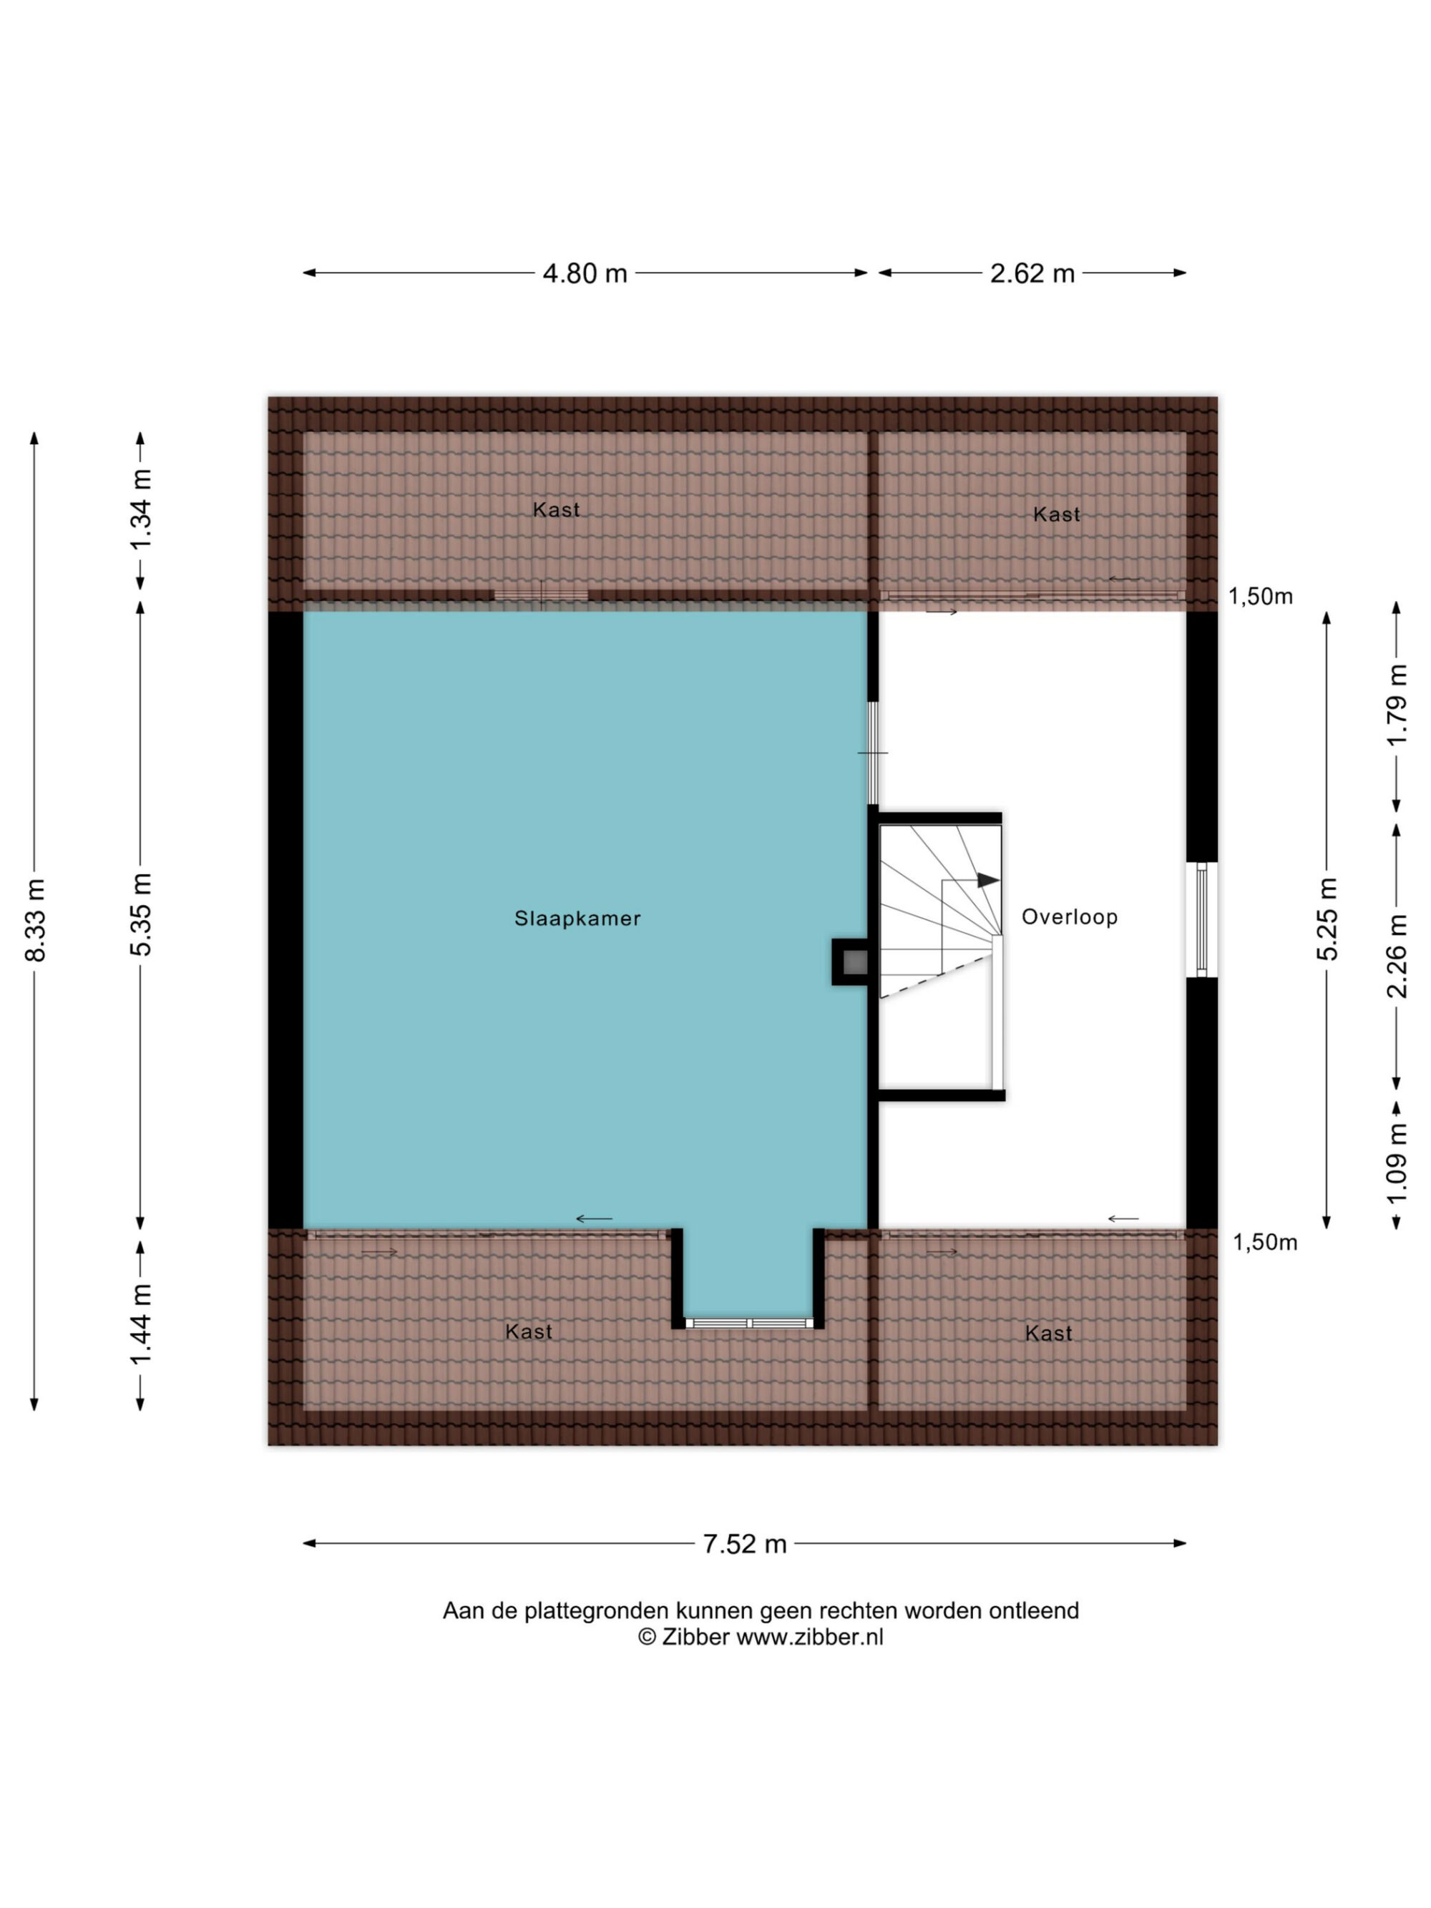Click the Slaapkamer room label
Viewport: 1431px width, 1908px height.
click(577, 919)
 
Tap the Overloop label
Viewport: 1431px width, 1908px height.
click(1070, 917)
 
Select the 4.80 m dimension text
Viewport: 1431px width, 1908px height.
click(584, 273)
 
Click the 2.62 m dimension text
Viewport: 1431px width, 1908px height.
click(1032, 273)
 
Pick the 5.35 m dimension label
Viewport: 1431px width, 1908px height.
click(141, 914)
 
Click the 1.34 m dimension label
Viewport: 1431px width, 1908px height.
click(141, 510)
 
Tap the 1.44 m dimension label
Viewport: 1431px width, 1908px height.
click(141, 1324)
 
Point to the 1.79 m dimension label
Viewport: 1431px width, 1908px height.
click(1397, 705)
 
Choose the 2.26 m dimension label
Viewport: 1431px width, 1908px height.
click(1397, 956)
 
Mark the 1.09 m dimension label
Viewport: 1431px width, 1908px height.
click(1397, 1163)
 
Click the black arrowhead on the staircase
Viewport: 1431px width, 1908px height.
click(987, 881)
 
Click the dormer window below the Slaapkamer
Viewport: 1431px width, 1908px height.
click(748, 1322)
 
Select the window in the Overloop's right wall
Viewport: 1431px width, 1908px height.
click(1201, 919)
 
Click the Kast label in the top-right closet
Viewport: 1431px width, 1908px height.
click(1056, 515)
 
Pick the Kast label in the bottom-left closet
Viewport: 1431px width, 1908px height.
click(528, 1332)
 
